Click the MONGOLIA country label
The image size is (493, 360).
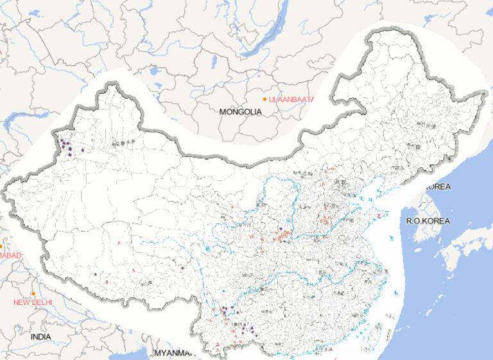tap(241, 112)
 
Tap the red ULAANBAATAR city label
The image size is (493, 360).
tap(291, 99)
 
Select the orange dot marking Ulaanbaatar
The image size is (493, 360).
tap(264, 99)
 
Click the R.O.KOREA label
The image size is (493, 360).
tap(428, 221)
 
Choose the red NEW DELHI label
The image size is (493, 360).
tap(33, 302)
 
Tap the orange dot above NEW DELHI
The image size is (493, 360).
tap(33, 294)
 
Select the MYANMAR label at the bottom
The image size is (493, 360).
tap(173, 353)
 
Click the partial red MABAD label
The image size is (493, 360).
tap(10, 255)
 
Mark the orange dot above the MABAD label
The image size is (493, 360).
tap(2, 246)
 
